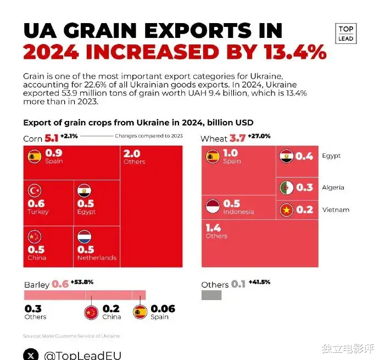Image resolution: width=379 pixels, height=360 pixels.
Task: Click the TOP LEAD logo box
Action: [346, 34]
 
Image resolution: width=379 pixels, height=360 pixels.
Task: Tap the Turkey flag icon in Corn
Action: [35, 191]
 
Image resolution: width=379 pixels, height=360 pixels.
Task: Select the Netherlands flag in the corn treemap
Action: [85, 237]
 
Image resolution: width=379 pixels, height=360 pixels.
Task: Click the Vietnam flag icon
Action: [286, 210]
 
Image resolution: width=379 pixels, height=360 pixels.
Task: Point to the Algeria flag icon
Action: [286, 187]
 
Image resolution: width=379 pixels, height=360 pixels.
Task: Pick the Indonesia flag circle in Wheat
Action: [213, 207]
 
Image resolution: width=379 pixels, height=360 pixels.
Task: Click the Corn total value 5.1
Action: [51, 139]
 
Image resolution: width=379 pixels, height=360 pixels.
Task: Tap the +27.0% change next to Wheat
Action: [259, 136]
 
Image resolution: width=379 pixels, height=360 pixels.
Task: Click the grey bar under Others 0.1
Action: [211, 295]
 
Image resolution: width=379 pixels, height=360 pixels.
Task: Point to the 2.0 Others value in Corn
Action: [132, 154]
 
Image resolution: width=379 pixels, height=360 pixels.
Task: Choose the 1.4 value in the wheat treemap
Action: [213, 228]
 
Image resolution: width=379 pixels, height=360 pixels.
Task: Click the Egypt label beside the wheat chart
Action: [331, 156]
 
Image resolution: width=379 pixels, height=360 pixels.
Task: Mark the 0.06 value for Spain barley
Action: [163, 309]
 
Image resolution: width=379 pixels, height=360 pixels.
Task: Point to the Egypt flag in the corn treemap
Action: [85, 191]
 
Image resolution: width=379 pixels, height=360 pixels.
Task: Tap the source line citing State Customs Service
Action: [71, 336]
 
